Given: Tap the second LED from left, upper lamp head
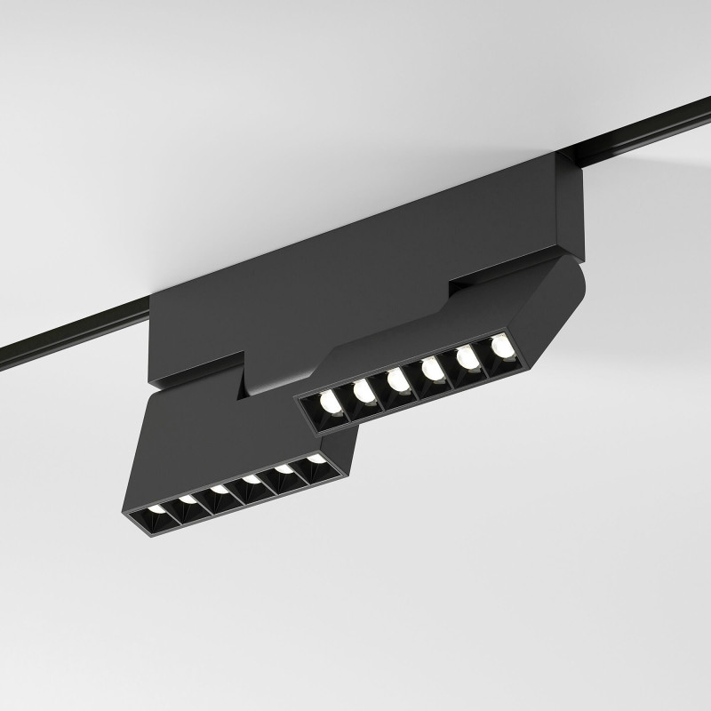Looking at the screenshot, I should click(362, 390).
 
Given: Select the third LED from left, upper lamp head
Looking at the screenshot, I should click(395, 379).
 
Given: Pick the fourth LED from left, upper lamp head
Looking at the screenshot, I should click(431, 368).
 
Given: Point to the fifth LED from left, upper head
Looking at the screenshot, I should click(466, 357).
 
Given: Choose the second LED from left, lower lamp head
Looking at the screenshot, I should click(188, 500).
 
